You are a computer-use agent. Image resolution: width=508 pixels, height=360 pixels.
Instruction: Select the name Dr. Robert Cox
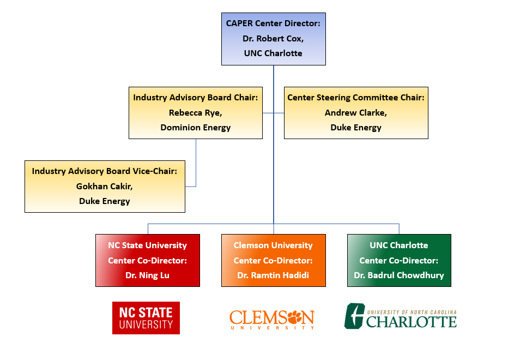click(x=273, y=39)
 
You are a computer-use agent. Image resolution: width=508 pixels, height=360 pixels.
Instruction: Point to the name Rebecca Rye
click(x=195, y=112)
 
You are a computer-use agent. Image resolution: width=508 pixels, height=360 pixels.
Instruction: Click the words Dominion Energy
click(x=195, y=128)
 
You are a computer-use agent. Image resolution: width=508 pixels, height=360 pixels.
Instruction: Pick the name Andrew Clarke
click(x=356, y=113)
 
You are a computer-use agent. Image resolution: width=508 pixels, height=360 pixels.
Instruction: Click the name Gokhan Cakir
click(x=105, y=186)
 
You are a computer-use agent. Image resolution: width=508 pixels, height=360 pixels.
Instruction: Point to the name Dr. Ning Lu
click(x=147, y=275)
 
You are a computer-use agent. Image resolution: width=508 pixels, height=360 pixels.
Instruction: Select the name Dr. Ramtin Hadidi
click(x=273, y=275)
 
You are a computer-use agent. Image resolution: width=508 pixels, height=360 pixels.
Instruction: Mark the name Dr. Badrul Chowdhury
click(x=399, y=275)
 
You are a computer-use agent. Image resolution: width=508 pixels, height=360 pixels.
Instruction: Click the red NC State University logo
click(x=146, y=318)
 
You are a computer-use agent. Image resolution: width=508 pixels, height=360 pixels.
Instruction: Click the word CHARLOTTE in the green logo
click(x=412, y=321)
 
